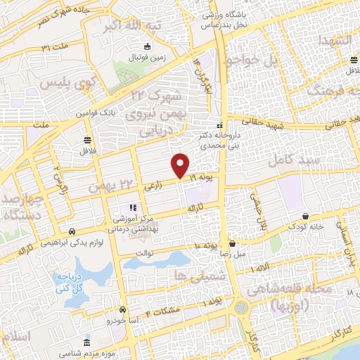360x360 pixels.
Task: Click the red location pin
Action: (181, 165)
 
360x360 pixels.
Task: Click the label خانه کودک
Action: (304, 226)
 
